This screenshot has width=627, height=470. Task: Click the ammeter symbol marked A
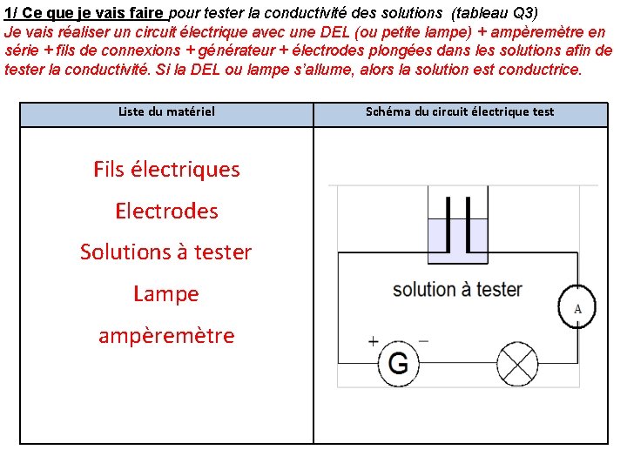click(x=577, y=308)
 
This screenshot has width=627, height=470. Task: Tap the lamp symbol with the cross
click(x=522, y=360)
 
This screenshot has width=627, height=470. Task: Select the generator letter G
click(x=398, y=362)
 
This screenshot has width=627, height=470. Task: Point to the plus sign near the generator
click(x=374, y=341)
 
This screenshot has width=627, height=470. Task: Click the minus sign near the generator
click(x=423, y=340)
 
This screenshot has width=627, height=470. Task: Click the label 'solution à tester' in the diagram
click(x=457, y=289)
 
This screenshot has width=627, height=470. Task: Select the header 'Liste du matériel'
click(x=166, y=111)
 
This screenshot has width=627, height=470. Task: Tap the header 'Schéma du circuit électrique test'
click(x=460, y=111)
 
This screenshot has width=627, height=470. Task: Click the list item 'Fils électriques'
click(x=166, y=169)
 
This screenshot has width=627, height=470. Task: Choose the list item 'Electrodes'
click(x=166, y=211)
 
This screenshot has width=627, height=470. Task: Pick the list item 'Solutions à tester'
click(x=166, y=252)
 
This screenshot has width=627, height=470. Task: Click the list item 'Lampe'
click(x=166, y=294)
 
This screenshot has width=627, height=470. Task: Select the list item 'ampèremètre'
click(x=166, y=336)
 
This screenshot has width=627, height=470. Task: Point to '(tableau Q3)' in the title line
click(x=495, y=13)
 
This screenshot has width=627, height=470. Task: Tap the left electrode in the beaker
click(x=448, y=224)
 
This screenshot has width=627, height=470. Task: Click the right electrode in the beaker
click(x=469, y=224)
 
